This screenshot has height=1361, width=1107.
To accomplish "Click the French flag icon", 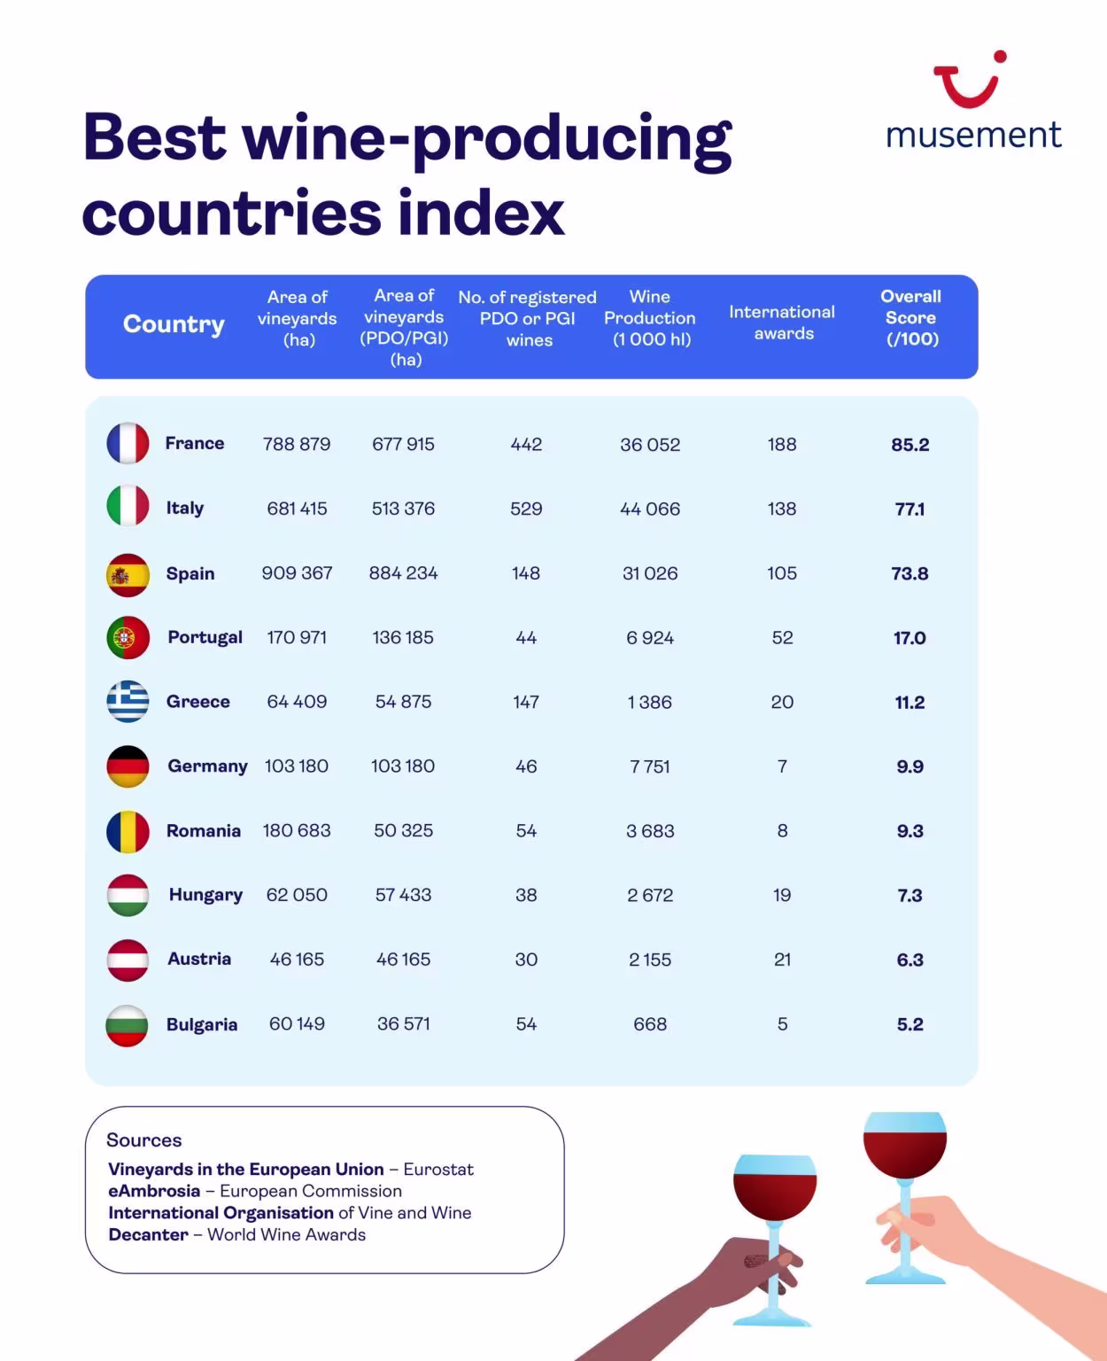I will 128,443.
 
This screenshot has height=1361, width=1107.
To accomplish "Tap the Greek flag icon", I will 128,702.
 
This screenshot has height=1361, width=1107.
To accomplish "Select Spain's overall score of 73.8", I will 910,573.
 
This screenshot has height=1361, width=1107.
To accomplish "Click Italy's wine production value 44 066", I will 650,509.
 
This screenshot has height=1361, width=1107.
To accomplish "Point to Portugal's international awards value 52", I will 782,638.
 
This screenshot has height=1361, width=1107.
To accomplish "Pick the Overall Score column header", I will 911,317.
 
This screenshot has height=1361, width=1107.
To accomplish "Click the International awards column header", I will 782,323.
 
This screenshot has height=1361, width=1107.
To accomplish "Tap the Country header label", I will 174,324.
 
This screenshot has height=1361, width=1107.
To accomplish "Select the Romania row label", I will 204,830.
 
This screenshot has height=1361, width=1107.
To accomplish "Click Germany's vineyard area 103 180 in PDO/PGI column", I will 403,766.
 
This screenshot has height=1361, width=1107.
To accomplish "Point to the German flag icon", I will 128,766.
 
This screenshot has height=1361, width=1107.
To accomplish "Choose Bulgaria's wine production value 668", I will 650,1024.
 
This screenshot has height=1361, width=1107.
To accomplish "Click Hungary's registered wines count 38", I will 526,895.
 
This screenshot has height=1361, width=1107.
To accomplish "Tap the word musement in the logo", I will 973,135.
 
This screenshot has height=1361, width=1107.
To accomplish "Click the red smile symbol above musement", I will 968,81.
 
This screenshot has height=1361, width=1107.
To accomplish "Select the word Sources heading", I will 143,1140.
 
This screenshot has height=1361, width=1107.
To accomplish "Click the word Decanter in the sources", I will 148,1234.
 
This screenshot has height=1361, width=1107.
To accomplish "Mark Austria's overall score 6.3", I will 910,960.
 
